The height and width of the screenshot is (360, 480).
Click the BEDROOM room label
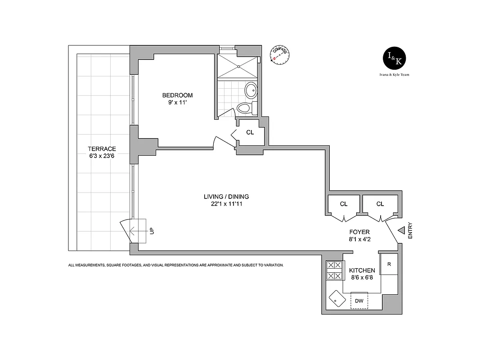(177, 95)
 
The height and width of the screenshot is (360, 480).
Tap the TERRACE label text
(102, 149)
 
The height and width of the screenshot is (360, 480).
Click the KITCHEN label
(362, 270)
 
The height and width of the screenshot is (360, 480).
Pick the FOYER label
(359, 232)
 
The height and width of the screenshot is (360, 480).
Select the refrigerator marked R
(388, 264)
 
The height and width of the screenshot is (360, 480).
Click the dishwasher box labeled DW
(359, 301)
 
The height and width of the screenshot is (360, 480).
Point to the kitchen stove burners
(334, 270)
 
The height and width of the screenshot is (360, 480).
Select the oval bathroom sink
(251, 90)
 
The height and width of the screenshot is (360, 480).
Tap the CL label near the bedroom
(250, 133)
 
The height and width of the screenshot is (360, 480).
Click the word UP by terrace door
(152, 231)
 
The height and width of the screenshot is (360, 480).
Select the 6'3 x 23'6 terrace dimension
(102, 156)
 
